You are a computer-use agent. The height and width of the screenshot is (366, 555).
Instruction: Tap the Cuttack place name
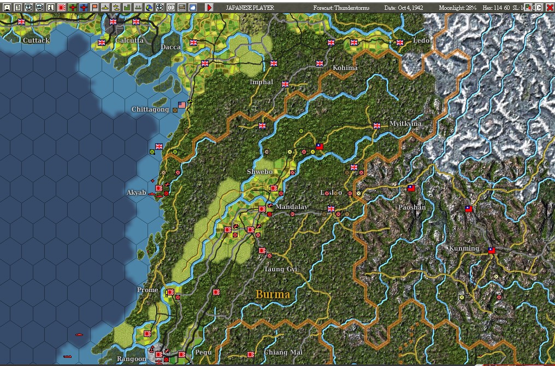click(x=37, y=40)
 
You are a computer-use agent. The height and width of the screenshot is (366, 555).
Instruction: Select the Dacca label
click(x=170, y=47)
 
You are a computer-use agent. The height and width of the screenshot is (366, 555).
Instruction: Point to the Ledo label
click(x=421, y=40)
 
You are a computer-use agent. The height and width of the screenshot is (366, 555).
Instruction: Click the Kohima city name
click(x=345, y=68)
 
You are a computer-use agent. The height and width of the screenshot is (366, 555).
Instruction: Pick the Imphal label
click(x=261, y=82)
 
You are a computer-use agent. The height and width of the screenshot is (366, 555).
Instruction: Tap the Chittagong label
click(x=150, y=109)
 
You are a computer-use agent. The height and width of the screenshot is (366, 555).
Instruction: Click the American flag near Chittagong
click(x=182, y=104)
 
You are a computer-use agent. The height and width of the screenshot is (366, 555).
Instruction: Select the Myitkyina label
click(x=406, y=124)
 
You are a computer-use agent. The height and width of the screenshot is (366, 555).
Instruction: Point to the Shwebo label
click(x=259, y=172)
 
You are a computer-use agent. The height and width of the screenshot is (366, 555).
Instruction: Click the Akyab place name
click(x=137, y=193)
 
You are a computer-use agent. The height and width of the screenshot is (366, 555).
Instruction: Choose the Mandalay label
click(x=291, y=207)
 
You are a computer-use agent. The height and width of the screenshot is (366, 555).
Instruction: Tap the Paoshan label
click(x=412, y=207)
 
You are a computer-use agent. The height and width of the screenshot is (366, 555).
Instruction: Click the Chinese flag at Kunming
click(x=491, y=250)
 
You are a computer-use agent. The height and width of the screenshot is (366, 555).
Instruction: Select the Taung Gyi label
click(x=281, y=269)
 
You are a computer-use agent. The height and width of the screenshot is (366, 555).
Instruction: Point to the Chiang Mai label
click(x=283, y=352)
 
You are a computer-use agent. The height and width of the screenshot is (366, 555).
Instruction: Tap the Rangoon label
click(x=132, y=359)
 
